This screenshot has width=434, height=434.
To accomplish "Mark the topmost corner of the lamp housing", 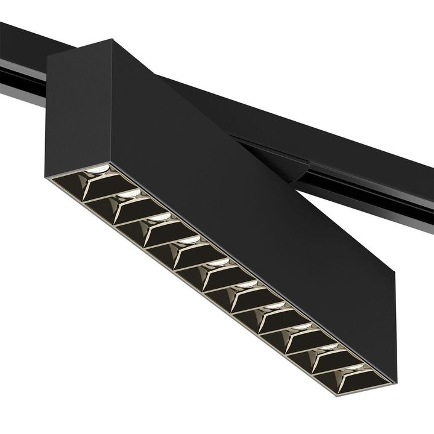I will point(112,40).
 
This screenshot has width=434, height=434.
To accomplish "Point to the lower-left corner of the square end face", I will point(47,176).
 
